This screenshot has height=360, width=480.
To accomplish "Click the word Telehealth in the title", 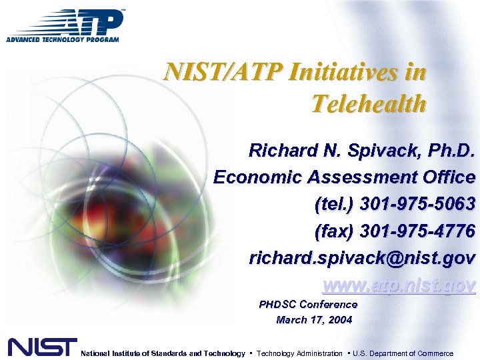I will (x=368, y=103).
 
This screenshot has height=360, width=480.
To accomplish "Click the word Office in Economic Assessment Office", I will (x=446, y=177).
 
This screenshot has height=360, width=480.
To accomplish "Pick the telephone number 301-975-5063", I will (x=417, y=204).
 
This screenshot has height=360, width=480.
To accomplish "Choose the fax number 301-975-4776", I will (x=417, y=231).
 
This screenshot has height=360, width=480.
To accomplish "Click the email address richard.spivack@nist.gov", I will (x=362, y=258).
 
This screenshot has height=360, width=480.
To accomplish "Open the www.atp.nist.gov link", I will (x=399, y=285).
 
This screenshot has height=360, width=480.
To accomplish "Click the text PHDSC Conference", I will (x=308, y=305).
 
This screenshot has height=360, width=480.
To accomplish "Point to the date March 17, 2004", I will (x=314, y=320).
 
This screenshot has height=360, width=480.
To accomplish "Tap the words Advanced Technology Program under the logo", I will (x=63, y=39).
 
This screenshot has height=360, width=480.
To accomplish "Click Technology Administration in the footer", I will (x=299, y=353).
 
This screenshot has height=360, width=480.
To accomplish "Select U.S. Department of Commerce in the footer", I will (x=403, y=353).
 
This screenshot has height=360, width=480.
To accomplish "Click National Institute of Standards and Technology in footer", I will (x=163, y=353).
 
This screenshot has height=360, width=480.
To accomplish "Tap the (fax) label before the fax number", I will (x=334, y=231).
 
